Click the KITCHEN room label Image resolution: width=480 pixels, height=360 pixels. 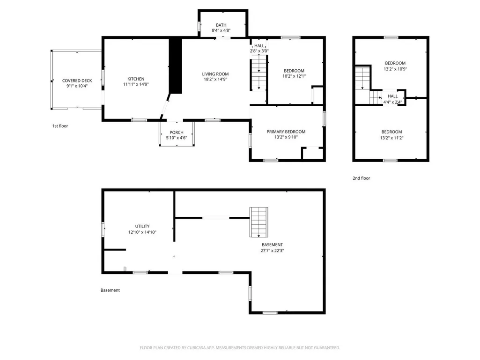click(136, 79)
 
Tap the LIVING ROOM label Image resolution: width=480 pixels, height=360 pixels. click(215, 74)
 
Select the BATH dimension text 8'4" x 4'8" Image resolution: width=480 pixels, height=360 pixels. click(221, 30)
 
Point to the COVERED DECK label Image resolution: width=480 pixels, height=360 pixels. click(77, 81)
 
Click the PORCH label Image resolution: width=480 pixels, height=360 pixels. click(177, 132)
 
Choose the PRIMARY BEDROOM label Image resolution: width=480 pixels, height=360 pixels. click(286, 132)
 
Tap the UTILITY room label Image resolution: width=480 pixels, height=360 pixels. click(142, 227)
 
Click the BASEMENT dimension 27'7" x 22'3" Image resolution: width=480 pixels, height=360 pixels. click(272, 250)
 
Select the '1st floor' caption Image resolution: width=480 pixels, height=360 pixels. click(60, 126)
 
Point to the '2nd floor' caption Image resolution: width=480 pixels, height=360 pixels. click(361, 178)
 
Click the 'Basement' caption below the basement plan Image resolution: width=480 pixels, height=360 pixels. click(110, 290)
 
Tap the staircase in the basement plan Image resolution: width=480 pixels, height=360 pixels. click(258, 222)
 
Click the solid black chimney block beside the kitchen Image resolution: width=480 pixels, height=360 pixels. click(176, 66)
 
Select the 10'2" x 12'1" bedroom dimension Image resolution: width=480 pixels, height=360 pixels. click(294, 76)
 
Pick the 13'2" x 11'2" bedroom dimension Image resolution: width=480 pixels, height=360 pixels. click(392, 138)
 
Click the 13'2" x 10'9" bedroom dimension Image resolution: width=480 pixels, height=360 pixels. click(396, 69)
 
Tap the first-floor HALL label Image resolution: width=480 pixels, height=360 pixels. click(259, 46)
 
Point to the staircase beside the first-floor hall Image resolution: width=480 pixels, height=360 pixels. click(259, 73)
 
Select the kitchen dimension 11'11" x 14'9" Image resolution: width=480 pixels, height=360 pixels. click(136, 84)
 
